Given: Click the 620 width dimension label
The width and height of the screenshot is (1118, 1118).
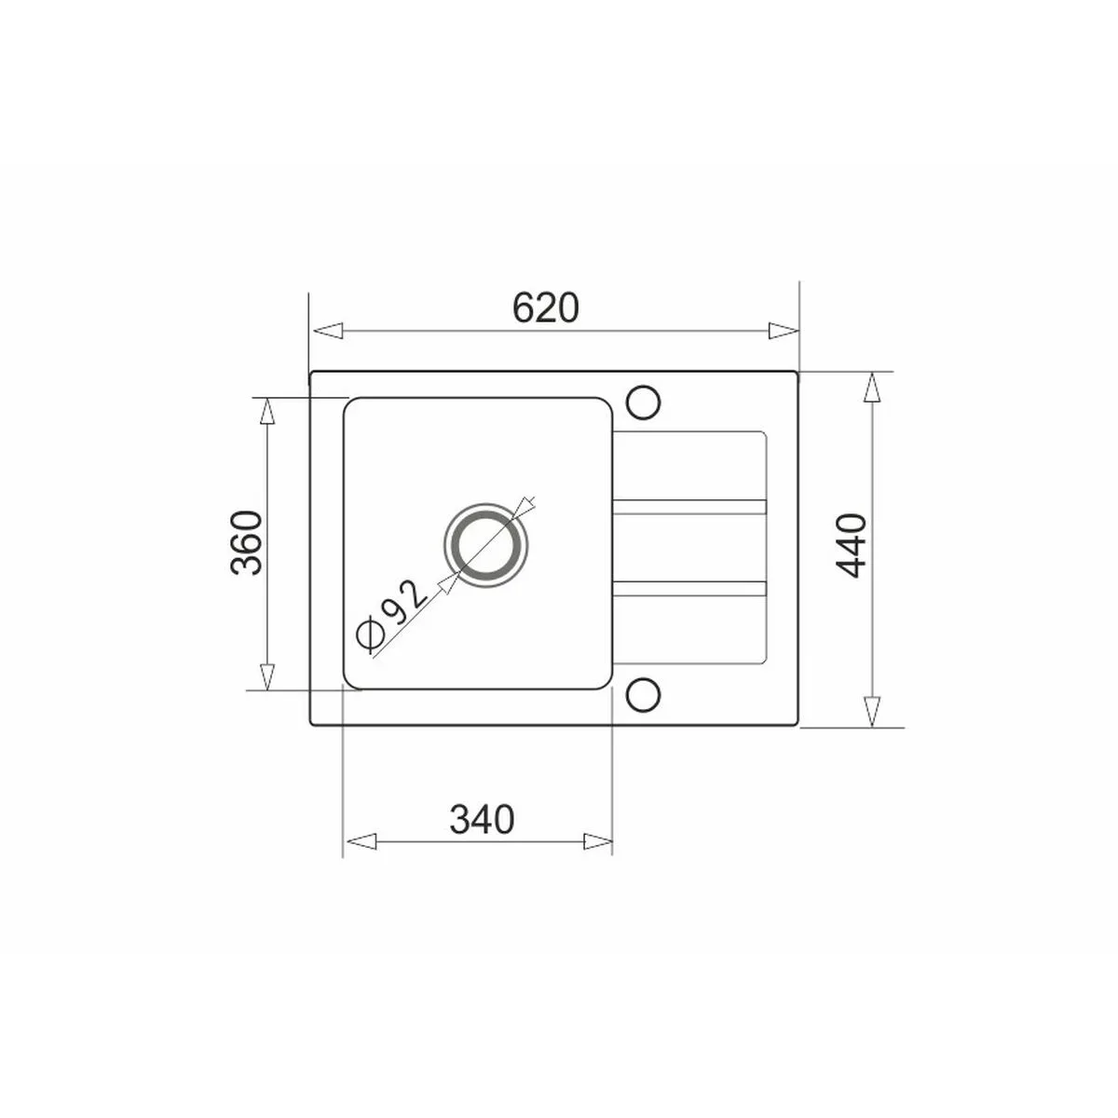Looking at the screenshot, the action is click(546, 307).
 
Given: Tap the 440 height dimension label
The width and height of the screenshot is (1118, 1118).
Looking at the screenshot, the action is click(852, 545).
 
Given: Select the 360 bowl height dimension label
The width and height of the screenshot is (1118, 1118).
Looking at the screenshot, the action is click(247, 542).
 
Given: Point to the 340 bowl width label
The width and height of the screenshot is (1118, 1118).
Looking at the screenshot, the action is click(482, 819).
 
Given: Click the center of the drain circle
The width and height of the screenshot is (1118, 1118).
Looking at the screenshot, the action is click(486, 544).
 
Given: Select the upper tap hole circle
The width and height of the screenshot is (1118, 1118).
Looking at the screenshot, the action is click(643, 402).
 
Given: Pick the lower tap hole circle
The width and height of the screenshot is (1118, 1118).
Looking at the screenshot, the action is click(643, 694).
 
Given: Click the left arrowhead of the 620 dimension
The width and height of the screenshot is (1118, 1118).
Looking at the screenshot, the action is click(327, 331).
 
